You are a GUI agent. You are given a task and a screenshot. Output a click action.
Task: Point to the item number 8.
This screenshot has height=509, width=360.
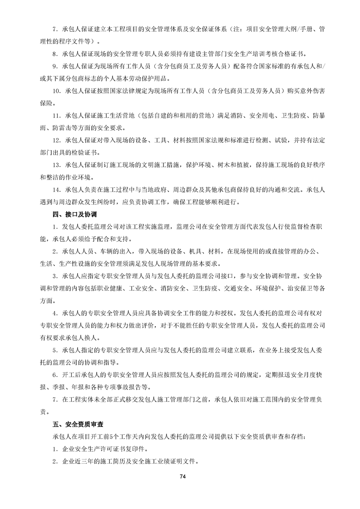click(54, 53)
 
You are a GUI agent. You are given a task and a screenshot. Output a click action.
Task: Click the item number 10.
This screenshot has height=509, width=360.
click(56, 91)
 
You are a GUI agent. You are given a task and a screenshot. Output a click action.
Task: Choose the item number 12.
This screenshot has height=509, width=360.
click(56, 141)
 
